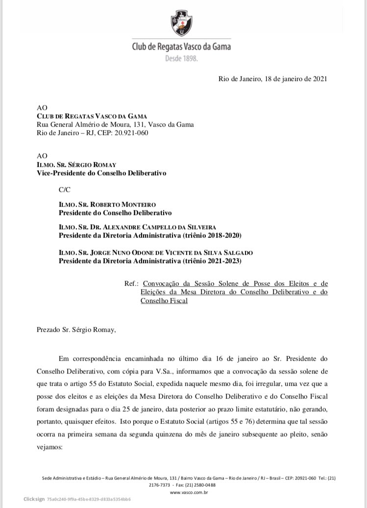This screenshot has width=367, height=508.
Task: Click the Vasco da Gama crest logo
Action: click(x=181, y=24)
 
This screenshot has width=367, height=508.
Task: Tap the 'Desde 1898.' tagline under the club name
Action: click(x=181, y=58)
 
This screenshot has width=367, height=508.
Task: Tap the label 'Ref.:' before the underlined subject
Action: click(x=132, y=284)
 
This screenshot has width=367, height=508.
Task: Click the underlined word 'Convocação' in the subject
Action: click(x=164, y=284)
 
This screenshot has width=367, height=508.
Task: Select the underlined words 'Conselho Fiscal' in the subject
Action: click(x=164, y=300)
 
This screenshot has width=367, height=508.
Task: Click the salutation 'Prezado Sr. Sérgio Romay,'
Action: click(x=76, y=329)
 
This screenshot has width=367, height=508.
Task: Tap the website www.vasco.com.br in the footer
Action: click(x=184, y=492)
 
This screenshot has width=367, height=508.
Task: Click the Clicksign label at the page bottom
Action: click(x=34, y=499)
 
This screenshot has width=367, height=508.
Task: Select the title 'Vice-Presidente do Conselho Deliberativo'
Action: click(x=101, y=173)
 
